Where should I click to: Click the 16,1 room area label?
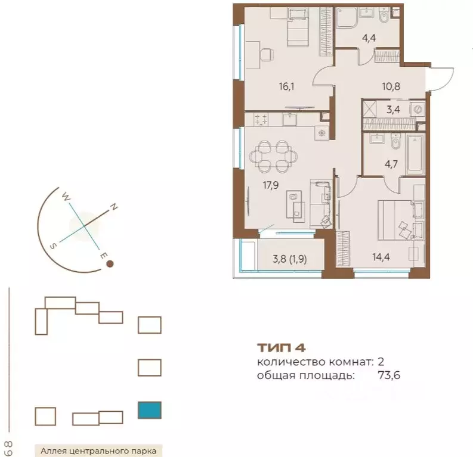[x=286, y=87]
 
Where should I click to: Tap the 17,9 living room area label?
[x=271, y=185]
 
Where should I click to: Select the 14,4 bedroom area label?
[x=381, y=257]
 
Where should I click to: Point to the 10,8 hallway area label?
[x=391, y=86]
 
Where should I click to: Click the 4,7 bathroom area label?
[x=391, y=164]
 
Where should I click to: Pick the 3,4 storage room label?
[x=393, y=110]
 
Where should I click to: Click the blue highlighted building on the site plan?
[x=150, y=410]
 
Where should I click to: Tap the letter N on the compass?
[x=114, y=207]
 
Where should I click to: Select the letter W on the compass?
[x=66, y=197]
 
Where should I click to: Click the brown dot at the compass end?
[x=110, y=264]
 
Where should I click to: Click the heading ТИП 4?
[x=282, y=348]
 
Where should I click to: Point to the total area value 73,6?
[x=389, y=375]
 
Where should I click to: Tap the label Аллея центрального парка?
[x=98, y=451]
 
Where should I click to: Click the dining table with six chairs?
[x=274, y=157]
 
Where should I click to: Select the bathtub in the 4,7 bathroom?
[x=415, y=155]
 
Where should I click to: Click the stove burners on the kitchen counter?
[x=261, y=119]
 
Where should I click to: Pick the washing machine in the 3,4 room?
[x=418, y=110]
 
